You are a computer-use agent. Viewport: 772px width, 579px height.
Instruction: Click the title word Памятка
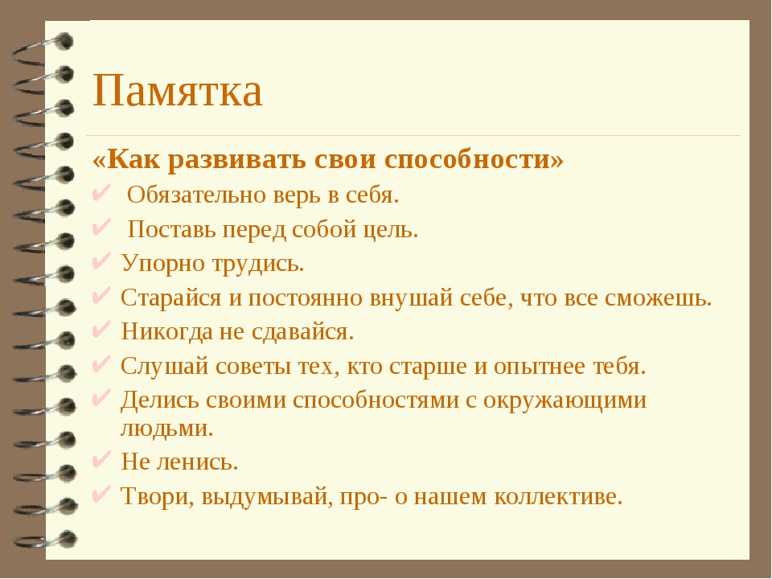click(x=178, y=91)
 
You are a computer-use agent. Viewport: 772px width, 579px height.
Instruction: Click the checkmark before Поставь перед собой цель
click(x=101, y=228)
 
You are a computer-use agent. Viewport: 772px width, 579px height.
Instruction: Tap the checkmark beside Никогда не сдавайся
click(x=101, y=330)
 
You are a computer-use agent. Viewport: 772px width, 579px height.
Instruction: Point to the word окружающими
click(x=565, y=400)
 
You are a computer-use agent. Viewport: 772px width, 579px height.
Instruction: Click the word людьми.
click(x=167, y=429)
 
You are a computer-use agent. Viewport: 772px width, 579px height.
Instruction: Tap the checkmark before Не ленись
click(x=101, y=460)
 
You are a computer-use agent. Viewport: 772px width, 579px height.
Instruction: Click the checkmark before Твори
click(x=101, y=494)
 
